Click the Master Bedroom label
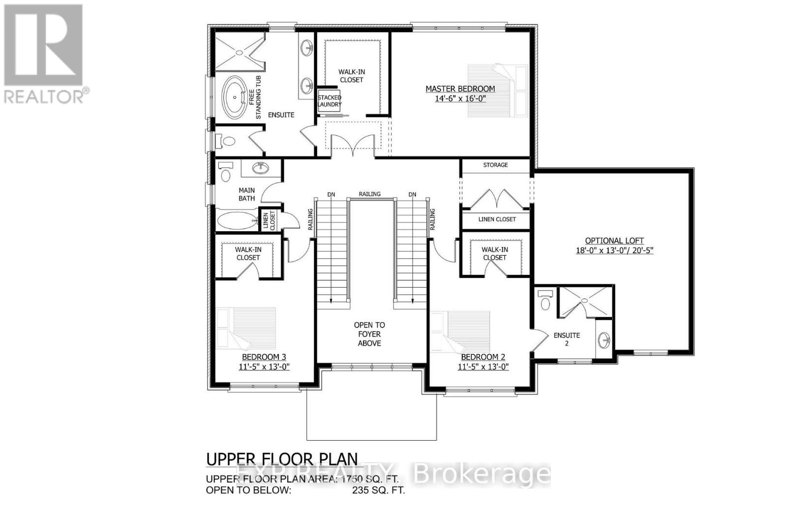click(460, 89)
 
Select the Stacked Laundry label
click(329, 101)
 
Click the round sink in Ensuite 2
click(605, 339)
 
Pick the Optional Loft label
click(614, 241)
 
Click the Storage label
click(495, 165)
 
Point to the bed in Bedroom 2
click(460, 330)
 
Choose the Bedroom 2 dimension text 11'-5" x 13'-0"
click(483, 367)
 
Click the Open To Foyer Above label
click(369, 334)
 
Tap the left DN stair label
click(331, 194)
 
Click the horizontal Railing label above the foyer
click(369, 194)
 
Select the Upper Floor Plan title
click(282, 459)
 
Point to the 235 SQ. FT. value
click(378, 490)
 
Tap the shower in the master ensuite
click(239, 51)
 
